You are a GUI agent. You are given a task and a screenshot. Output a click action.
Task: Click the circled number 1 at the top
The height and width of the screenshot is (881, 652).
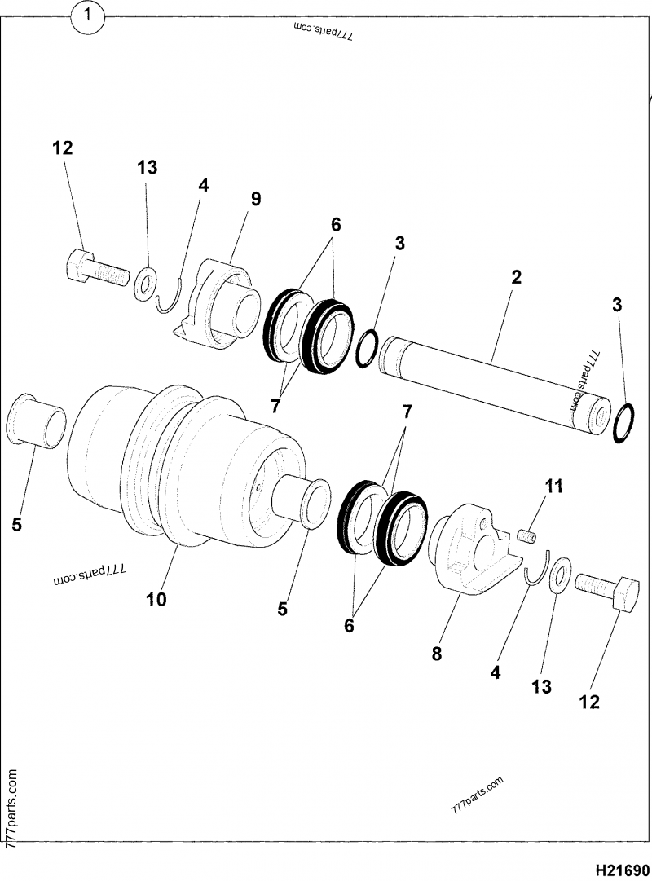pos(90,16)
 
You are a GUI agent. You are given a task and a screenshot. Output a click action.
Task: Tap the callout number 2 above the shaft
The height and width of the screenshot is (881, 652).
pos(516,276)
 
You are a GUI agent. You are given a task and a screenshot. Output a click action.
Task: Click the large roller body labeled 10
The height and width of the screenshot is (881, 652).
pos(187,465)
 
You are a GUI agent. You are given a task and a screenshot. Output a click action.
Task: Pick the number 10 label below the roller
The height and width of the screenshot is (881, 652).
pos(156,599)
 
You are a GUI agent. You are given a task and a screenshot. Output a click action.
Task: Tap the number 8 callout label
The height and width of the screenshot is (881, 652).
pos(437,653)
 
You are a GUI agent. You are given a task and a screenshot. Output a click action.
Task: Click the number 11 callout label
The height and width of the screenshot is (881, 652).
pos(553,487)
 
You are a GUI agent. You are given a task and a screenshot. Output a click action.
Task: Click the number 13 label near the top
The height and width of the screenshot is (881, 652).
pos(147,168)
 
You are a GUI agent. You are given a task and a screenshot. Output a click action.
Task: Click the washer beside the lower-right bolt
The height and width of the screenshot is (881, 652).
pos(560,576)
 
